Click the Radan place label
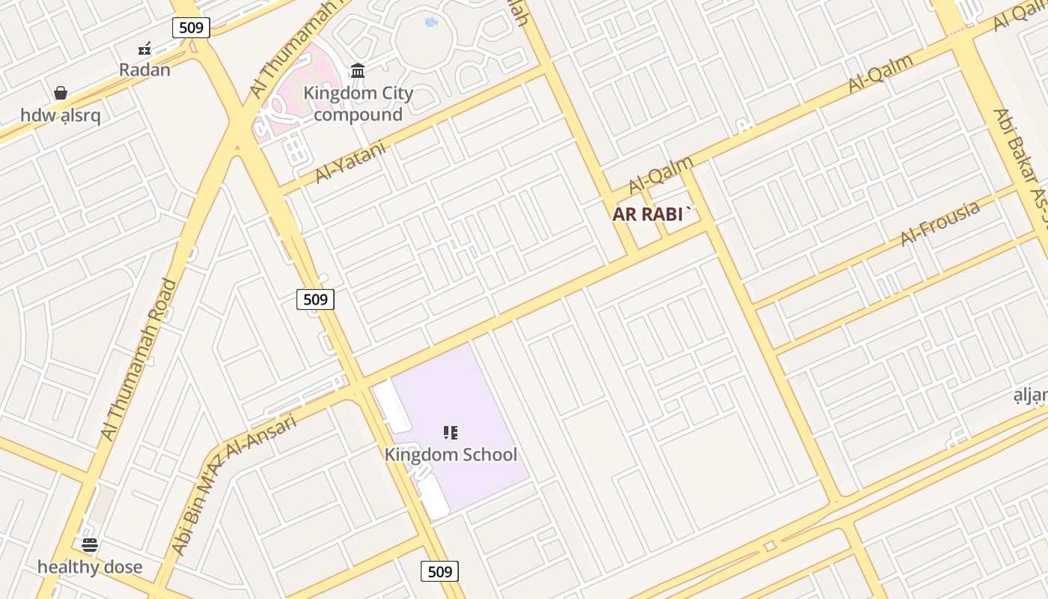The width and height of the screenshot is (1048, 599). coord(145,70)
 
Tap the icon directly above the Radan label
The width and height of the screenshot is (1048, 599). coord(145,49)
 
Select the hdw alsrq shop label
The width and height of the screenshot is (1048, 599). coord(61,115)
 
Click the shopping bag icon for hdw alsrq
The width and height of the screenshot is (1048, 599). coord(61,94)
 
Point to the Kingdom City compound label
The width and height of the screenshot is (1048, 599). coord(358,104)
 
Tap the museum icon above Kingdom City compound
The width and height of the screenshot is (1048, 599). coord(358,71)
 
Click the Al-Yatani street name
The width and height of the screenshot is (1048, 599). coord(350,162)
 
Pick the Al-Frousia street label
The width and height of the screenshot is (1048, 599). coord(940,223)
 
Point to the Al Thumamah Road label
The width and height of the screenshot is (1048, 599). coord(139,359)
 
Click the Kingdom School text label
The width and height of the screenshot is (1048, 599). coord(451,454)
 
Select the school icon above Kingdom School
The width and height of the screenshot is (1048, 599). coord(451,433)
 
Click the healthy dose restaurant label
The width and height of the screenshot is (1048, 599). coord(90,567)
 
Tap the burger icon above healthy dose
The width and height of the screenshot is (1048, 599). coord(90,545)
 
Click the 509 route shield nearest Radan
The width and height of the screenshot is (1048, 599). coord(191,28)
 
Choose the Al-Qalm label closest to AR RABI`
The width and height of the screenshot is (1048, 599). coord(661,174)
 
